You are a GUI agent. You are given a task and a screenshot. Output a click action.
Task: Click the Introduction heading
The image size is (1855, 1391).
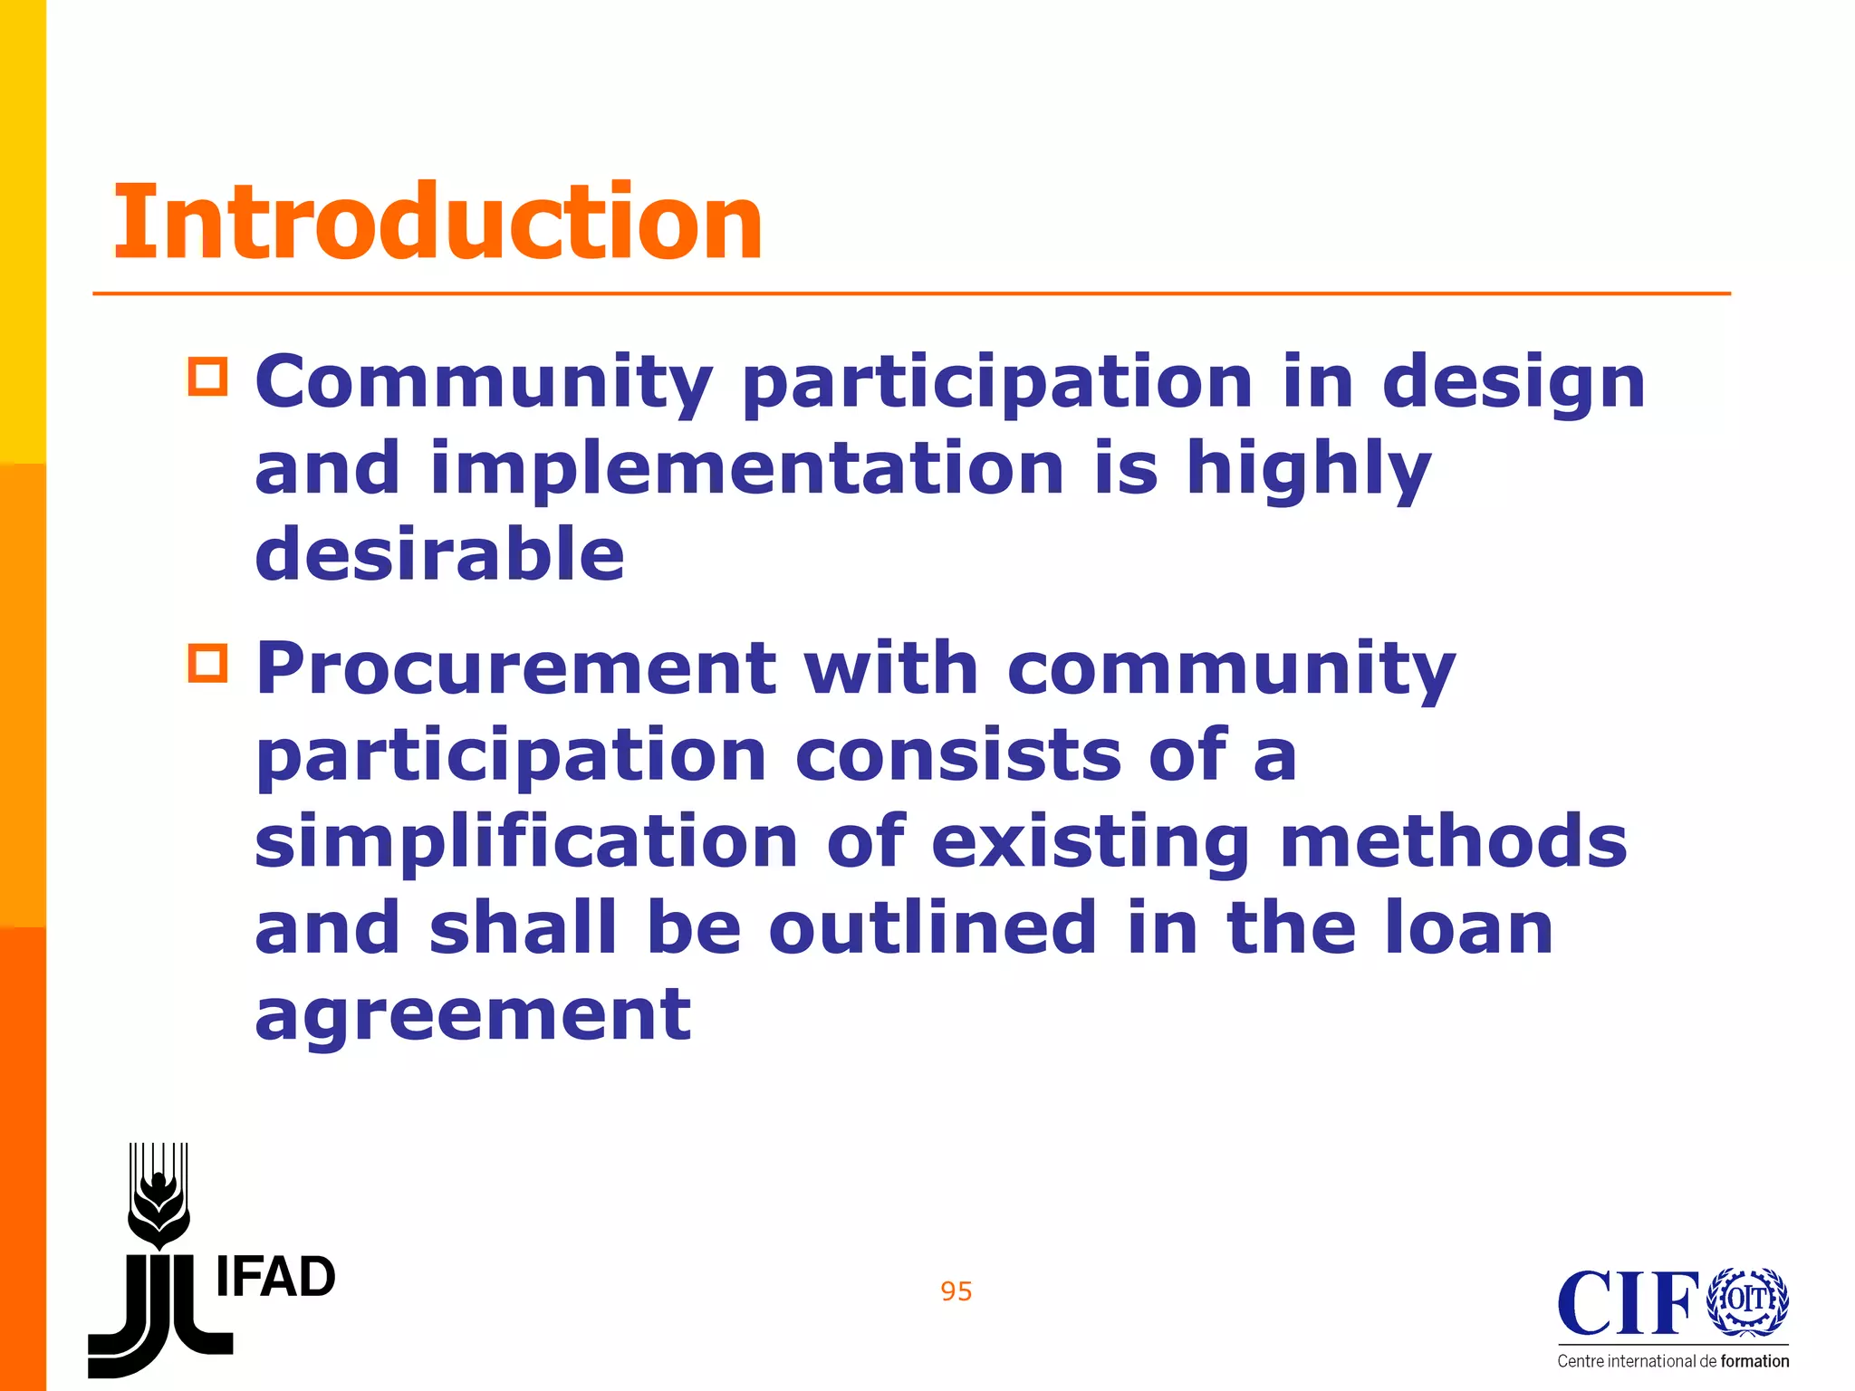pos(437,222)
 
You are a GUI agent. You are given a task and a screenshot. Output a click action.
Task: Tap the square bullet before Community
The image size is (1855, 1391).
pos(208,377)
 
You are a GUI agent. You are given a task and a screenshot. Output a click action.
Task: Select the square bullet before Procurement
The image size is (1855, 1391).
pos(208,663)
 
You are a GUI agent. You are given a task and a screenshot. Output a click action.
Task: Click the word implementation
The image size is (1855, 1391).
pos(747,468)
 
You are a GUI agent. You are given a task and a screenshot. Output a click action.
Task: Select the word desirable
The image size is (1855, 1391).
pos(440,554)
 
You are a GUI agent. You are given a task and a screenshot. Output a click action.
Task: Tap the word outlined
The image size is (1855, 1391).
pos(934,927)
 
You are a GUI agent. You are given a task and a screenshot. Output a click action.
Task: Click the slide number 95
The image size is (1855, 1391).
pos(956,1291)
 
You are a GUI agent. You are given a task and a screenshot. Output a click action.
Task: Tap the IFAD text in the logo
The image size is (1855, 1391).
pos(275,1278)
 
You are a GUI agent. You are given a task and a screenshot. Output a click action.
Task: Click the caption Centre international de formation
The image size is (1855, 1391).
pos(1673,1361)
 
